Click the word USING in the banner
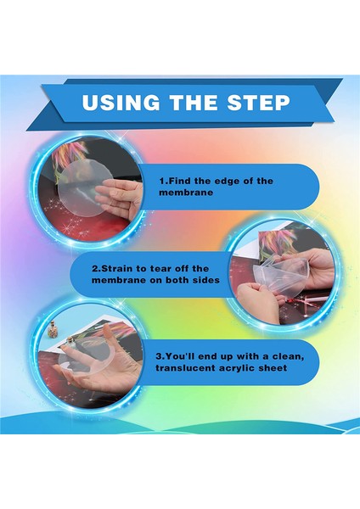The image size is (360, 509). pos(121,103)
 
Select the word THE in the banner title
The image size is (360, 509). pos(194,103)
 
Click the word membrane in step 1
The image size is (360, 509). pos(186,193)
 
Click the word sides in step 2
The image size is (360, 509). pos(206,280)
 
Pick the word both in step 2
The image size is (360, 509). pos(177,280)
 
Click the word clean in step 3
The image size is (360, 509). pos(288,356)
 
